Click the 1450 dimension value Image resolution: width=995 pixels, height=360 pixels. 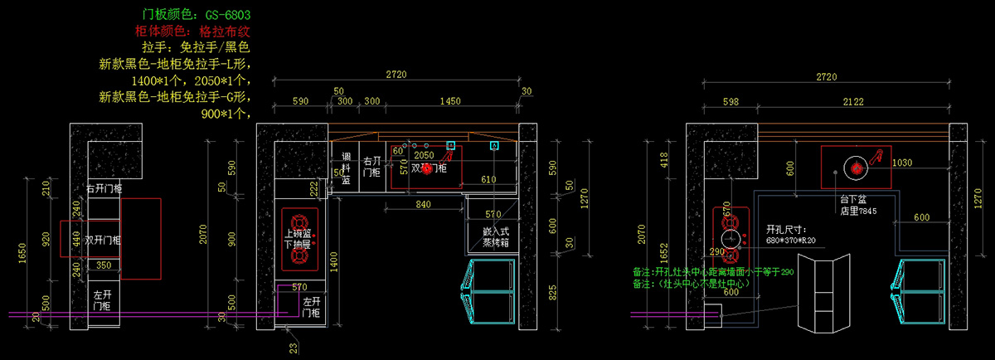click(450, 100)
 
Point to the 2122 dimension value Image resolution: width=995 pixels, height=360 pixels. click(853, 101)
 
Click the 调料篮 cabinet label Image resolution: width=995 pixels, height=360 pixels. click(346, 167)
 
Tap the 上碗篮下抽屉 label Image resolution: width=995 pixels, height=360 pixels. click(298, 239)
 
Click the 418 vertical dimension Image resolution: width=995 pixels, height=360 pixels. click(663, 159)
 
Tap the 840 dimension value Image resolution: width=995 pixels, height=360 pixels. click(423, 204)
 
